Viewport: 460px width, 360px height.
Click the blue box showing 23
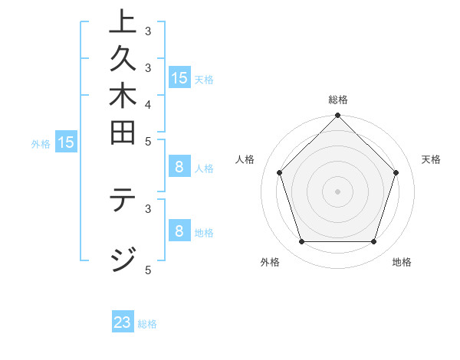click(x=123, y=322)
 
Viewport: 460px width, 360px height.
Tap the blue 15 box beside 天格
click(x=179, y=78)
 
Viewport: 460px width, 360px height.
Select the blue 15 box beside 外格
click(x=66, y=142)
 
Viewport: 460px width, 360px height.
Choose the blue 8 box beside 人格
click(x=179, y=168)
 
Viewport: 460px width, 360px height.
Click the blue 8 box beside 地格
click(x=179, y=231)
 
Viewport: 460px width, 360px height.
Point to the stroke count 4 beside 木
click(x=148, y=103)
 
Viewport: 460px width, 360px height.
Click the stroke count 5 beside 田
click(x=148, y=141)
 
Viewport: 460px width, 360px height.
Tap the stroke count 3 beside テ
click(x=148, y=207)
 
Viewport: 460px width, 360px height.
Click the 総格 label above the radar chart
click(x=338, y=100)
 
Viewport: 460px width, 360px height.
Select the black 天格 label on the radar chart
click(x=431, y=159)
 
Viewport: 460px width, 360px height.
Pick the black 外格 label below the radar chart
click(x=270, y=262)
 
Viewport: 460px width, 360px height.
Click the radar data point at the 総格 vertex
click(x=337, y=116)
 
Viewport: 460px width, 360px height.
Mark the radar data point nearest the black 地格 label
click(x=373, y=241)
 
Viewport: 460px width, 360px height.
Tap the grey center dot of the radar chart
click(x=337, y=191)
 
